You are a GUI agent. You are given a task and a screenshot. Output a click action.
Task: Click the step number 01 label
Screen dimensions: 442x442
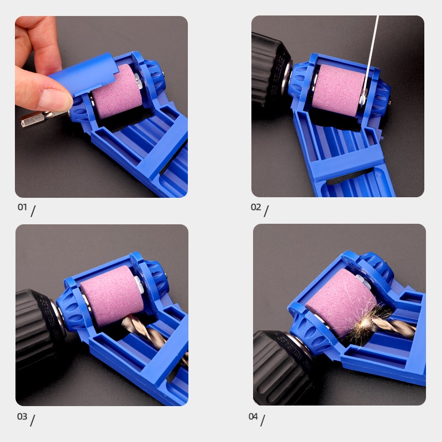click(x=22, y=207)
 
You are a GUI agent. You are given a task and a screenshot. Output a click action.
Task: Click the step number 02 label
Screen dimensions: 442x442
click(x=256, y=207)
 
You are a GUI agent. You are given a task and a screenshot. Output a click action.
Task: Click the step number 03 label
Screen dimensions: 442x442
click(x=22, y=416)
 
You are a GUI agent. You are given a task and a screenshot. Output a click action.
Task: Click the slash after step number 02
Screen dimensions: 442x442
click(x=266, y=211)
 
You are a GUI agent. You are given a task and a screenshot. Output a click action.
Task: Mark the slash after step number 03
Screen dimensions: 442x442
click(x=33, y=420)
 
